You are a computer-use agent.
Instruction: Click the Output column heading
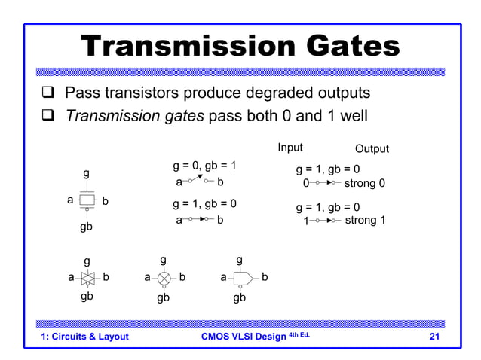pos(372,148)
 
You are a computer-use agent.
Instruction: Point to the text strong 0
pos(365,183)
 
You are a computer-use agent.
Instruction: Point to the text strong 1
pos(365,221)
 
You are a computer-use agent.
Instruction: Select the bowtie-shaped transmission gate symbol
pos(88,277)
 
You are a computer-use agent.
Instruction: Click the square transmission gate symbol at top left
pos(87,200)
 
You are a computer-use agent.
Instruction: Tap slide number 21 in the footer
pos(434,337)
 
